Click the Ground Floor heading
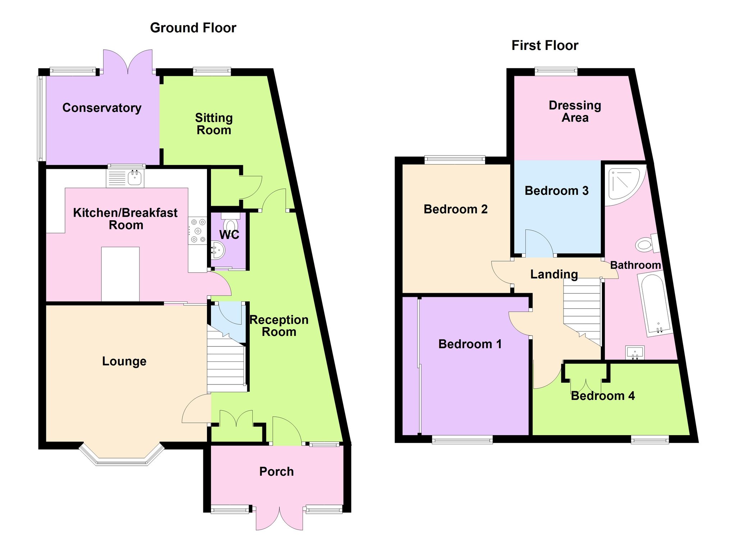coord(193,28)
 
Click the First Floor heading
coord(545,46)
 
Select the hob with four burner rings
coord(197,231)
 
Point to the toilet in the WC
coord(230,222)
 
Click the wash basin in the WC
coord(218,250)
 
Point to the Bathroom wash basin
coord(635,352)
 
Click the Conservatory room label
coord(102,108)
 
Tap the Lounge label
coord(124,361)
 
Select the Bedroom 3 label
coord(557,190)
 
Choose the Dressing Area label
coord(575,111)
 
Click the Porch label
coord(276,471)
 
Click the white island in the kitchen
coord(120,274)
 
